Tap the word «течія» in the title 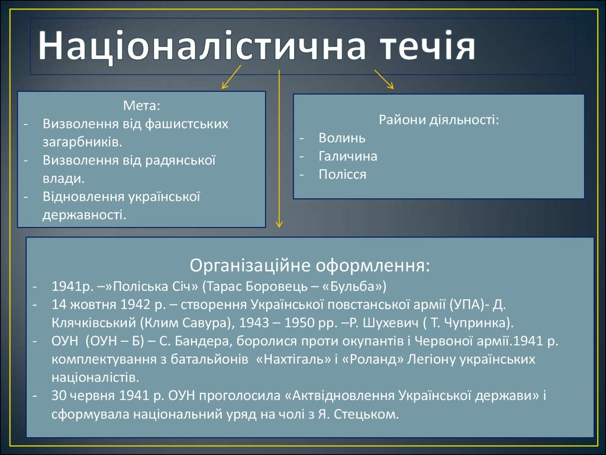point(428,46)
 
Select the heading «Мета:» point(141,105)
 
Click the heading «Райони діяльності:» point(439,120)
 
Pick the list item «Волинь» point(342,137)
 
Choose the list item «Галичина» point(348,156)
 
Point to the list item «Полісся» point(343,174)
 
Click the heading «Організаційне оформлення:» point(310,265)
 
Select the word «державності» point(83,214)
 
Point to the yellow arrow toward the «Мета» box point(231,77)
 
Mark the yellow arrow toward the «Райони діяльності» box point(383,79)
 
